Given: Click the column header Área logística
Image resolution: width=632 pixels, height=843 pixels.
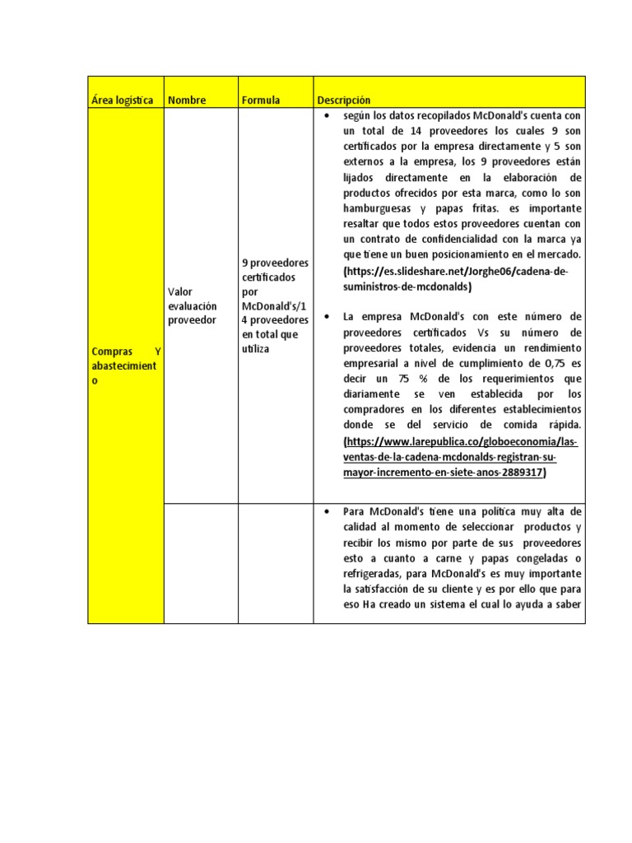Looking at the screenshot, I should click(122, 100).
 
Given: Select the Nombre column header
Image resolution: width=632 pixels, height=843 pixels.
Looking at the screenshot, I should click(187, 100).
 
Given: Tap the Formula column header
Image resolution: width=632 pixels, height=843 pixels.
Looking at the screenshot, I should click(261, 100).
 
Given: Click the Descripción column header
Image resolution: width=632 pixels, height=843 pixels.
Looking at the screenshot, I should click(344, 100).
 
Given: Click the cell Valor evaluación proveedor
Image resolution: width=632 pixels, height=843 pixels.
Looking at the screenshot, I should click(193, 305).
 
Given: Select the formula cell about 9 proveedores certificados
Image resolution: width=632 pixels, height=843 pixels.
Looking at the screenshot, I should click(275, 305).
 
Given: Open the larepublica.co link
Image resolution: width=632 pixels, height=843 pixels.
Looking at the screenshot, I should click(460, 457).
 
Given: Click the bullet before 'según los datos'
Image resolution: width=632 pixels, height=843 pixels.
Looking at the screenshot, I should click(328, 115).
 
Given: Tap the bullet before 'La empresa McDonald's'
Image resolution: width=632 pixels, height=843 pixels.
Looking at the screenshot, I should click(328, 316).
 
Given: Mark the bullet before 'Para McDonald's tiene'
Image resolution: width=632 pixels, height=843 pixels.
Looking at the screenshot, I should click(328, 511).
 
